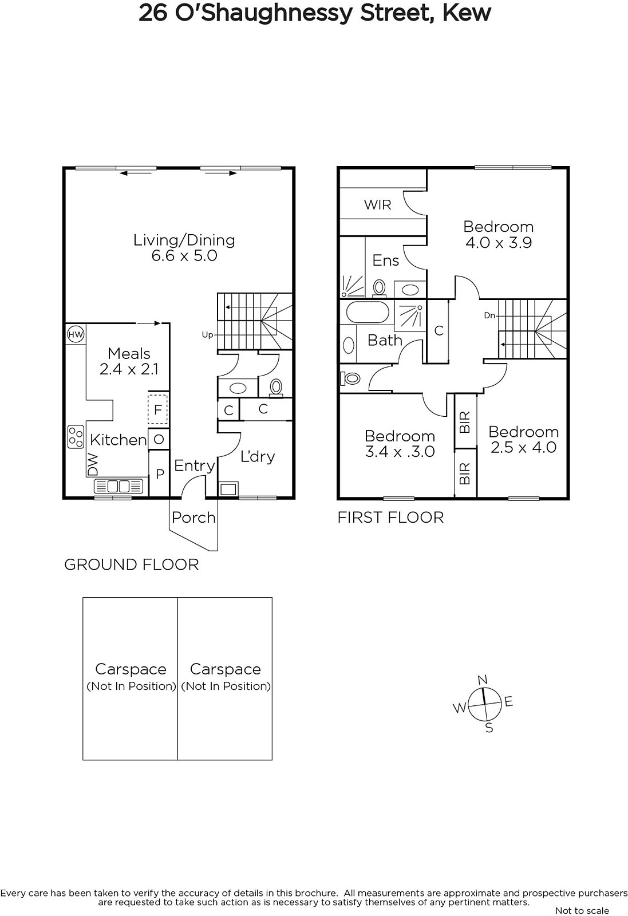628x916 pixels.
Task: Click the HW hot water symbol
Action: point(75,334)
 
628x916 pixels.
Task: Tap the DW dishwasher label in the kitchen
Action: point(93,464)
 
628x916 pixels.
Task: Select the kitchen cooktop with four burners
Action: point(76,437)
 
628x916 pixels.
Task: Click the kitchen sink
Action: point(119,486)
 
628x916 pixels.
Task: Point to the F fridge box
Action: point(158,409)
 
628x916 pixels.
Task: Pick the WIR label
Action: point(377,204)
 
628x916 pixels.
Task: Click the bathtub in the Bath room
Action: point(367,313)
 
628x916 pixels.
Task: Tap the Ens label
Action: point(385,260)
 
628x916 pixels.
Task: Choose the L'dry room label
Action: point(257,456)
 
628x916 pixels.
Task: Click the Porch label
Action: point(193,518)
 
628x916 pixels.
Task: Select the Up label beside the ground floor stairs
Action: point(208,335)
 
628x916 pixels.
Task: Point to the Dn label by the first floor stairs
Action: point(489,315)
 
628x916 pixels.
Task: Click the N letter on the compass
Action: point(483,680)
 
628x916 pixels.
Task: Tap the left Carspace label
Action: point(131,669)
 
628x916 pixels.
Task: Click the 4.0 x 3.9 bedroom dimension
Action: point(499,243)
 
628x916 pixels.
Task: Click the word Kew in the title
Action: point(467,13)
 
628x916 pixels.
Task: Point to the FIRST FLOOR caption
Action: point(390,518)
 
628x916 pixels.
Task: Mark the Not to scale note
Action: point(582,910)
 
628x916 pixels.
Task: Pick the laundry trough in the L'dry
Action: point(228,489)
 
